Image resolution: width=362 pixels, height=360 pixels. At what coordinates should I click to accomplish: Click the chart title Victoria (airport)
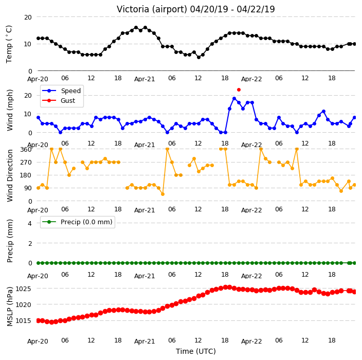click(x=152, y=9)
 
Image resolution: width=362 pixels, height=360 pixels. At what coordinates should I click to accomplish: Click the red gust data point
click(x=239, y=89)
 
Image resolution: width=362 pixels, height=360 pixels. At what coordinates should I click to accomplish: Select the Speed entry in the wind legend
click(x=61, y=91)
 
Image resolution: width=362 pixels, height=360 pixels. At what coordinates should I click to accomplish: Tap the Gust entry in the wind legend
click(x=59, y=100)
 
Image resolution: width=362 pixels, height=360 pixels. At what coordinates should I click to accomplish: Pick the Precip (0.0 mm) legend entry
click(x=77, y=222)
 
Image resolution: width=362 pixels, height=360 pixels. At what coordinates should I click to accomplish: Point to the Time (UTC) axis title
click(x=196, y=351)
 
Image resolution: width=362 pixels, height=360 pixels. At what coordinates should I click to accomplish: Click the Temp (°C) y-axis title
click(x=9, y=44)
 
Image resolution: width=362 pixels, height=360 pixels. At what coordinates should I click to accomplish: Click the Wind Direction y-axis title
click(x=10, y=175)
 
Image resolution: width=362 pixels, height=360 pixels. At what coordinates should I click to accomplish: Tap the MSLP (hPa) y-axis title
click(x=10, y=306)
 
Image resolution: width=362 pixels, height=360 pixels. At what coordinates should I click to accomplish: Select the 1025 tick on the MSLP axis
click(x=23, y=289)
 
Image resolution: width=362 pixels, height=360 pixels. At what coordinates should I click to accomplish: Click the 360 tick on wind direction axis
click(x=26, y=150)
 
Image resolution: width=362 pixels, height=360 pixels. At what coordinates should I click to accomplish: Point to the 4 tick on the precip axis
click(x=30, y=223)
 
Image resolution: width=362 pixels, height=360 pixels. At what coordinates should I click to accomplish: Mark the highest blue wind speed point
click(x=234, y=99)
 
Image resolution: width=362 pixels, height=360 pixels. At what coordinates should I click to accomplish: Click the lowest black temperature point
click(x=198, y=57)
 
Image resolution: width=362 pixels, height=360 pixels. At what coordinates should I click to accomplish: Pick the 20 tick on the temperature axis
click(x=28, y=17)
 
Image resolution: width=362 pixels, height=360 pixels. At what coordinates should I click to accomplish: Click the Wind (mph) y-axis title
click(x=10, y=110)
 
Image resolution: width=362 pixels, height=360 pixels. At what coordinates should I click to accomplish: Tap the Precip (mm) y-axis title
click(x=10, y=241)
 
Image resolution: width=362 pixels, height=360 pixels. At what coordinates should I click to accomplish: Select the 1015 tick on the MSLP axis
click(x=23, y=321)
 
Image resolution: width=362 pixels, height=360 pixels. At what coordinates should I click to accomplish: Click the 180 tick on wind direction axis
click(x=26, y=175)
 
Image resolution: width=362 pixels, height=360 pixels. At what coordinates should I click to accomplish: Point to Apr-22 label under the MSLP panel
click(x=251, y=341)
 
